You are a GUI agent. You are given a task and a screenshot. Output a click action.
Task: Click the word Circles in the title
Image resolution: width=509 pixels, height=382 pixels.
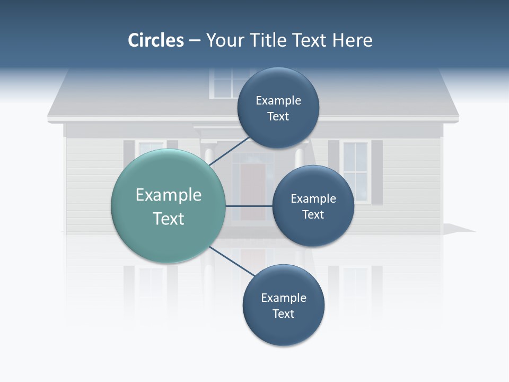[x=155, y=40]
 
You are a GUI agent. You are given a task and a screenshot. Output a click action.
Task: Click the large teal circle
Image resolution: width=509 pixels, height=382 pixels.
[x=169, y=206]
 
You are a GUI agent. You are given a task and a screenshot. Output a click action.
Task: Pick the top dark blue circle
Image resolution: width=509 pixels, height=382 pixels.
[x=278, y=108]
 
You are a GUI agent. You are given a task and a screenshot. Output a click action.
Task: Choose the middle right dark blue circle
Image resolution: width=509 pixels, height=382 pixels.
[x=313, y=206]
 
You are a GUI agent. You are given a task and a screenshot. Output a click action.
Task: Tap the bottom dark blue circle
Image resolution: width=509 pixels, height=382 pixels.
[x=283, y=306]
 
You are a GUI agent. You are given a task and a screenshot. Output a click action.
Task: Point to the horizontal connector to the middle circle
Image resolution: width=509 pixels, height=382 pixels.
[x=249, y=206]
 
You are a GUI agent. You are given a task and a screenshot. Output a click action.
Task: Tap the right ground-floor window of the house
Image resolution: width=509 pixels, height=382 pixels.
[x=355, y=171]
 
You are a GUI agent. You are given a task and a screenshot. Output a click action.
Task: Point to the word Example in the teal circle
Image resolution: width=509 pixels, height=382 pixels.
[x=169, y=195]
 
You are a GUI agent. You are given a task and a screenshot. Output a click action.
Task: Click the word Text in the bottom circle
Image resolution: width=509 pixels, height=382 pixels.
[x=283, y=314]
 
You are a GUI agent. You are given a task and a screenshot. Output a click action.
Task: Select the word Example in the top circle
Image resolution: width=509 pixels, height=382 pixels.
[x=278, y=100]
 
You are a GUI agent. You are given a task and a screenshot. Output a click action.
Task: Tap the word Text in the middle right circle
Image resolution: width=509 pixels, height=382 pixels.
[x=313, y=214]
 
